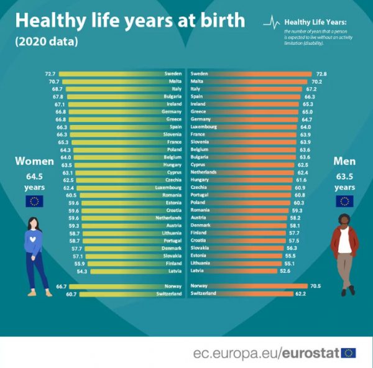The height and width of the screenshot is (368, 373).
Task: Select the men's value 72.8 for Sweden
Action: [321, 73]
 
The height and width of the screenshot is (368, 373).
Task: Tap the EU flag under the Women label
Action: [34, 200]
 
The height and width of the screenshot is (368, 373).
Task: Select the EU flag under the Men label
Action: [344, 200]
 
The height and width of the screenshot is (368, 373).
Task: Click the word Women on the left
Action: [35, 162]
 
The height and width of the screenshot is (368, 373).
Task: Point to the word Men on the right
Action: [344, 161]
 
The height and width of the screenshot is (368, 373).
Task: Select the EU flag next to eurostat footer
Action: [349, 352]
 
